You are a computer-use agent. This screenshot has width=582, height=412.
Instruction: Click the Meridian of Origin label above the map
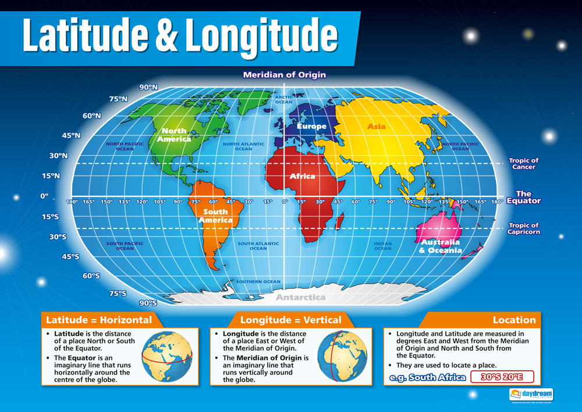point(284,74)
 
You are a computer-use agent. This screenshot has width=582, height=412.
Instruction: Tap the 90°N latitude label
point(148,87)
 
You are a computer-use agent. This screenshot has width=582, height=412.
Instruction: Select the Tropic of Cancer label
point(523,164)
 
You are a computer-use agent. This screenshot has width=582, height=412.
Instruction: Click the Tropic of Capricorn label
point(524,228)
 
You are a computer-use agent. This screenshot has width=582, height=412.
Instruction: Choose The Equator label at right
point(523,198)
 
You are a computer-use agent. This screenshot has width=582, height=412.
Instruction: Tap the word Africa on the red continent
point(302,175)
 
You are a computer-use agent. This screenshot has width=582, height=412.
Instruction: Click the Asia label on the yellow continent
point(376,126)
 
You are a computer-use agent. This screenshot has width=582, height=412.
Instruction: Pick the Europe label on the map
point(311,126)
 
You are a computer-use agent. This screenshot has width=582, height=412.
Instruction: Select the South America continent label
point(215,216)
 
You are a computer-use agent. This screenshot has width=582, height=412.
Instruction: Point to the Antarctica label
point(300,298)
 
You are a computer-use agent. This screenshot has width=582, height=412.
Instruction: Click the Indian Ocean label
point(382,246)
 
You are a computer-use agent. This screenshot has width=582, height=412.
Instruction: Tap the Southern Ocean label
point(258,282)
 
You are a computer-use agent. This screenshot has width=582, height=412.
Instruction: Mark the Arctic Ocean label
point(284,99)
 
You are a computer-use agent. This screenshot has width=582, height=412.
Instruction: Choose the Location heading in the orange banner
point(514,320)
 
